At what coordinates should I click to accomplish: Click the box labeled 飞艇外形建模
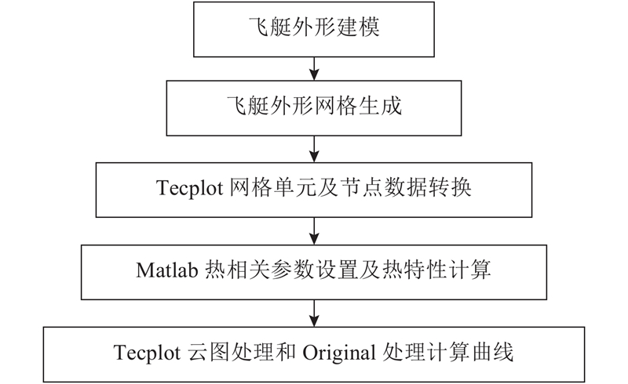313,29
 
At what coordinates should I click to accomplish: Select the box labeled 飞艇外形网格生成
313,108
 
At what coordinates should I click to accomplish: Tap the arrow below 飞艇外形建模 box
315,68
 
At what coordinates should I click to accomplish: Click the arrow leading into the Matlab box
315,231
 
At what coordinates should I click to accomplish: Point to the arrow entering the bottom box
315,313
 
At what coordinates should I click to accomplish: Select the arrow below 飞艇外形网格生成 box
315,149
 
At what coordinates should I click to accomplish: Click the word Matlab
167,270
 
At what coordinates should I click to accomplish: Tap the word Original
339,353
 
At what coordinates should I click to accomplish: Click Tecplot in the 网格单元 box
189,187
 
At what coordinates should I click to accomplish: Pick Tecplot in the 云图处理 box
147,353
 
